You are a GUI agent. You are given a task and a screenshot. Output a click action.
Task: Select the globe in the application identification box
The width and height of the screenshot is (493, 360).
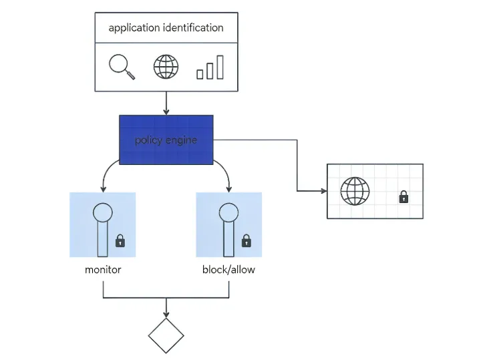coord(166,67)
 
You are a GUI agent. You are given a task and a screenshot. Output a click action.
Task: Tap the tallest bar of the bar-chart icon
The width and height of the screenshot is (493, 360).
coord(220,67)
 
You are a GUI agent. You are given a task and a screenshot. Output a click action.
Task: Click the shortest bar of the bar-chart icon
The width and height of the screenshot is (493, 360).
coord(200,74)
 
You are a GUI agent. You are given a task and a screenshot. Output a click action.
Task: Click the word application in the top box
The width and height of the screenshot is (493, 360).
coord(134,28)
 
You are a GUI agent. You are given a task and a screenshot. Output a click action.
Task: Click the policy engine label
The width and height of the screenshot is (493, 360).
coord(166,140)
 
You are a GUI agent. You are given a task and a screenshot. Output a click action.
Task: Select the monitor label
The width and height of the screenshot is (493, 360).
coord(103,270)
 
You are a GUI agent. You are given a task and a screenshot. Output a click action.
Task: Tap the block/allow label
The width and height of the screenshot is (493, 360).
coord(228,269)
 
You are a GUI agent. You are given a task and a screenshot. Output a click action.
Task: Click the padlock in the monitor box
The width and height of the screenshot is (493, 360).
coord(120,241)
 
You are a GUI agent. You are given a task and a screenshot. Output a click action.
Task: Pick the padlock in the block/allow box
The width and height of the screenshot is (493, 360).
coord(246,241)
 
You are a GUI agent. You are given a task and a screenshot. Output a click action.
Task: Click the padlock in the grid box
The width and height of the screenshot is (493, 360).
coord(403,197)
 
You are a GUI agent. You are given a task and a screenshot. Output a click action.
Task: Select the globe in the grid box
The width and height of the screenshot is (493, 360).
coord(355,191)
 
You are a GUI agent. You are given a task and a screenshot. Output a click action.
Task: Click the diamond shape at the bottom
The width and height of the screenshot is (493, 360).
coord(166,335)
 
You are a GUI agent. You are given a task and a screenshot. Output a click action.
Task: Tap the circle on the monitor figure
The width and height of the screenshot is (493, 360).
coord(103,212)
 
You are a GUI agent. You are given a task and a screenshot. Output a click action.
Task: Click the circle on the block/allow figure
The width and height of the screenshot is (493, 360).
coord(228,212)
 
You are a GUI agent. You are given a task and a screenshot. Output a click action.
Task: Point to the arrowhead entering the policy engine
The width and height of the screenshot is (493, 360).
coord(166,112)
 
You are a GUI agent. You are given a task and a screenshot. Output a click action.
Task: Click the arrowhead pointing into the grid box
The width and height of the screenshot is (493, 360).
coord(323,191)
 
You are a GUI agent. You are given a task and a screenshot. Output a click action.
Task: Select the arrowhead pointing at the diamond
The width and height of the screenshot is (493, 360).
coord(166,315)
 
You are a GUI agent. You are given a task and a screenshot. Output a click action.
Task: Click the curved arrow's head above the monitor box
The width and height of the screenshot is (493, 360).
coord(103,189)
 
